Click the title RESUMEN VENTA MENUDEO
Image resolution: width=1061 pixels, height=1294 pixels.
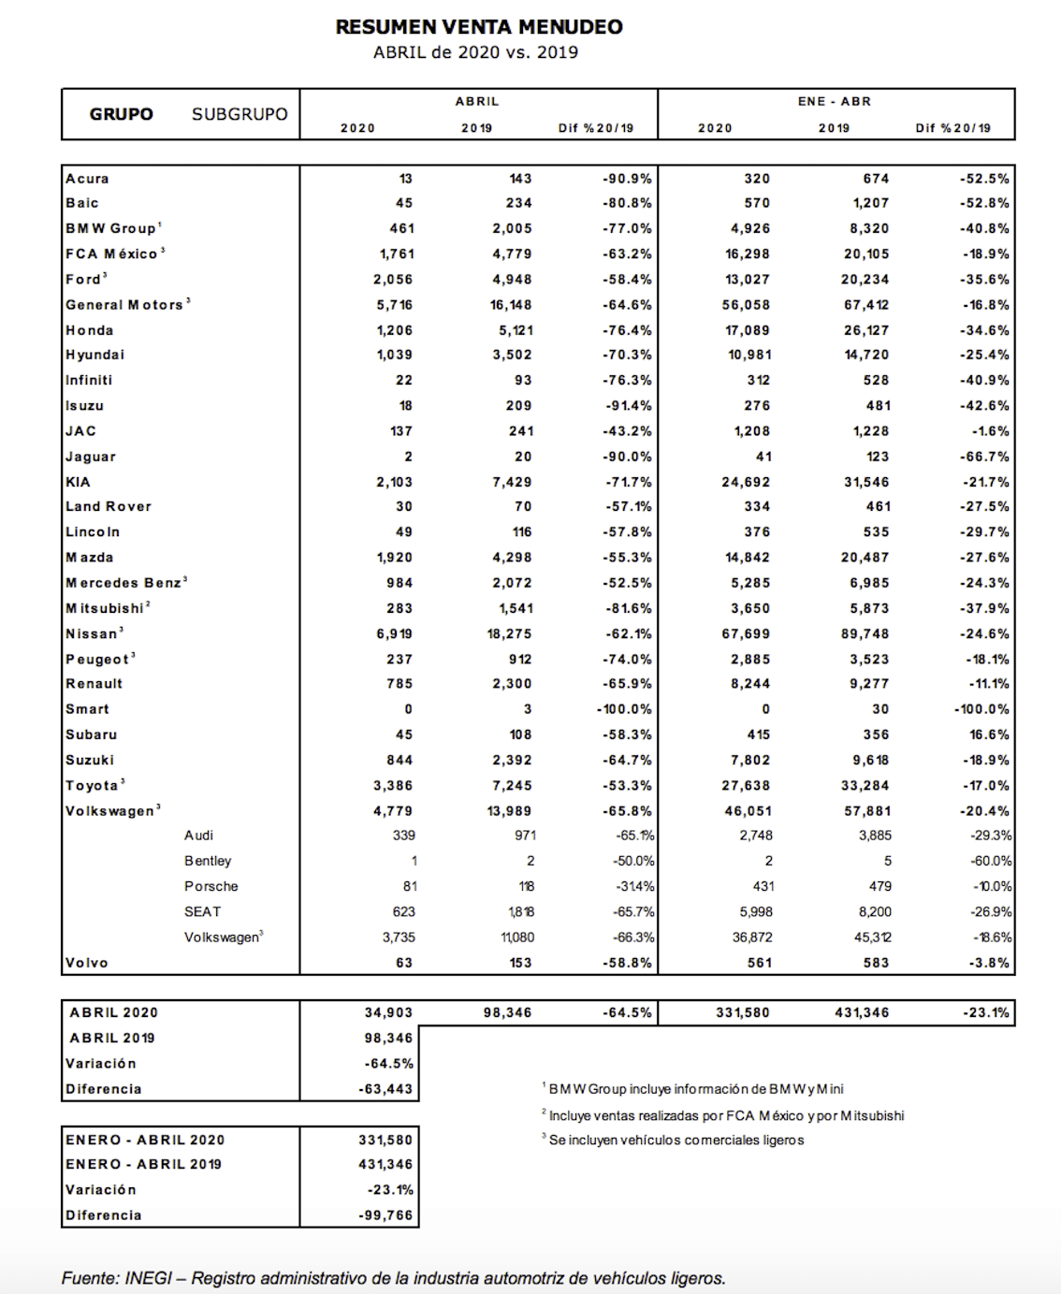(479, 27)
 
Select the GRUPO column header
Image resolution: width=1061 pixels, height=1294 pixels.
(122, 114)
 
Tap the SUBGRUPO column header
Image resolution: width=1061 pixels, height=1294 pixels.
(240, 114)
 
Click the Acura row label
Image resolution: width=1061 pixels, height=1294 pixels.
(87, 179)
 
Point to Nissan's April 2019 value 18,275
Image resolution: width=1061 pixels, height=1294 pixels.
(509, 633)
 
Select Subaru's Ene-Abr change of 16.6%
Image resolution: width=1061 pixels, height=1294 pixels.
(988, 734)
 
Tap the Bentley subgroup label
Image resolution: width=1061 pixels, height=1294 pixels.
(208, 861)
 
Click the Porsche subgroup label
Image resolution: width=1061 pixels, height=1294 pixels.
(211, 886)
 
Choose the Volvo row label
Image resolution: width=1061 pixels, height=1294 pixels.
(87, 963)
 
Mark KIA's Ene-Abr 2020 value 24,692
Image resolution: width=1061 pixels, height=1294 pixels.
(746, 482)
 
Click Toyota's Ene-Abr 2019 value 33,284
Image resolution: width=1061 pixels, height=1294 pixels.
(865, 786)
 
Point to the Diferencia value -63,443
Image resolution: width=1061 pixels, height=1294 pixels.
(385, 1089)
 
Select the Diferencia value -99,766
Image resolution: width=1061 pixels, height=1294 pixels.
(385, 1215)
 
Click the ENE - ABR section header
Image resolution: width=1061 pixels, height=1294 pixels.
(835, 101)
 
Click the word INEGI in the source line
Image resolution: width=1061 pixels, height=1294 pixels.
(148, 1278)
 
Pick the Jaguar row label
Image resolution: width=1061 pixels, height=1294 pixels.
(91, 457)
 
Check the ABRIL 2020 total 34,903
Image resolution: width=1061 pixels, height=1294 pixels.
(388, 1012)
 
